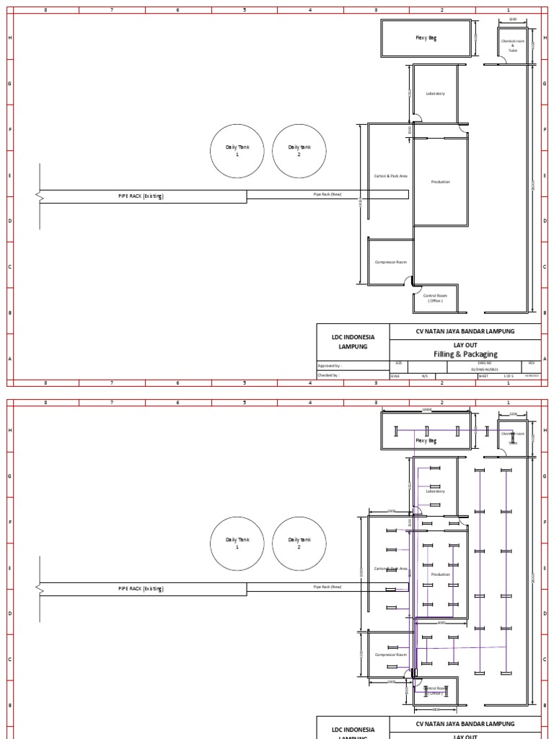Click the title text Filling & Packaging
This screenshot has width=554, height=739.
tap(465, 354)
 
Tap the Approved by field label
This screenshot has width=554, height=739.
tap(328, 367)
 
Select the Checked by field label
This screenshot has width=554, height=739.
tap(328, 376)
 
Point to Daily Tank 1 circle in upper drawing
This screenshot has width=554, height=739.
tap(237, 151)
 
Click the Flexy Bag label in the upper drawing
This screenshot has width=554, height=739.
tap(426, 38)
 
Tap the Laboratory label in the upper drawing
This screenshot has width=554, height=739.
tap(435, 94)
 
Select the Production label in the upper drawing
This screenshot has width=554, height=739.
tap(440, 182)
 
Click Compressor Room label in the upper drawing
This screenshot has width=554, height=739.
tap(391, 262)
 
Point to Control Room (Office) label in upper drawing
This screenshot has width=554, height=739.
tap(435, 298)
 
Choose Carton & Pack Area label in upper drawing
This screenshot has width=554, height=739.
tap(391, 176)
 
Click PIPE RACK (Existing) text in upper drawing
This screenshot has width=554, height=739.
tap(141, 196)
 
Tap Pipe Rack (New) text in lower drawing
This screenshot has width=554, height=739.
tap(327, 587)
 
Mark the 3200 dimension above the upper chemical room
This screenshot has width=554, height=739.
tap(513, 19)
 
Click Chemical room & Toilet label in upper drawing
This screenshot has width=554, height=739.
tap(513, 45)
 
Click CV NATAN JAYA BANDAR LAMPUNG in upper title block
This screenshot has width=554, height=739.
tap(465, 331)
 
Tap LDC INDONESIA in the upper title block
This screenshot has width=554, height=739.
tap(353, 337)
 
